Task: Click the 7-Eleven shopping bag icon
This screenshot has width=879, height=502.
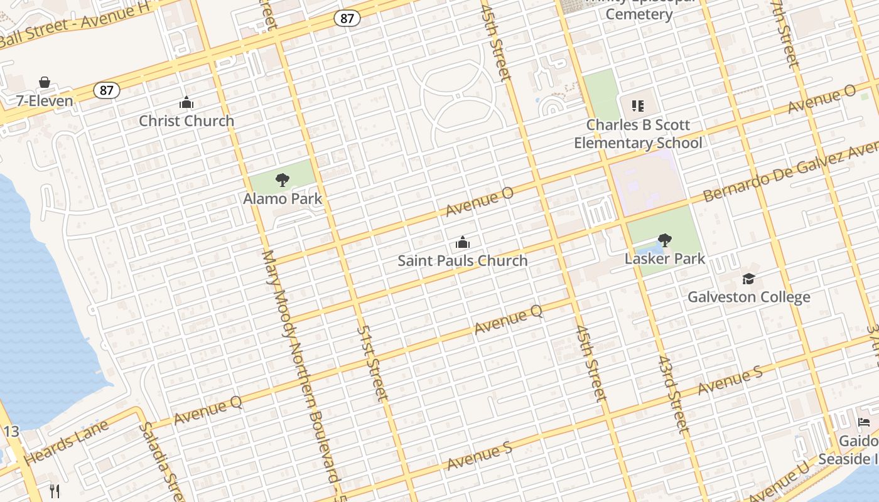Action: coord(45,82)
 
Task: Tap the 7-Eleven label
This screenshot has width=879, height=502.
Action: coord(45,100)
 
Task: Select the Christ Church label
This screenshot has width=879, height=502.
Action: coord(186,120)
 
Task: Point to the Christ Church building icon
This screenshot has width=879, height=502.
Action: coord(186,102)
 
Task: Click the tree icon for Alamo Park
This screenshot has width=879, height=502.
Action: coord(283,180)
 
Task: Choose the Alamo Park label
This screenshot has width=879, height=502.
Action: coord(283,199)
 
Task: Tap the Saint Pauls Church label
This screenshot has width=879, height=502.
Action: coord(463,260)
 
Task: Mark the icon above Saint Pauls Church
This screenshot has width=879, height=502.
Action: coord(463,242)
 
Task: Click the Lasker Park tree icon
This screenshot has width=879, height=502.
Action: coord(665,240)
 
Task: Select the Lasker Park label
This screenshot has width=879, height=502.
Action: coord(665,259)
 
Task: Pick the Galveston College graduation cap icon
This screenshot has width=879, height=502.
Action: coord(748,279)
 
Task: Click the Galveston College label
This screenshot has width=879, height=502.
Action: coord(748,297)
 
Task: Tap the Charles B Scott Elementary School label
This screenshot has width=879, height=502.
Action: coord(638,134)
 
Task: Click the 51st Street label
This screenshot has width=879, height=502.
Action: coord(373,363)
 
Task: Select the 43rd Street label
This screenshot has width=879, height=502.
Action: coord(673,394)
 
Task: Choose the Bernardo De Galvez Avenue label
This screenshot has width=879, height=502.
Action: coord(791,171)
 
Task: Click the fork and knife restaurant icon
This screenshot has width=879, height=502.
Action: coord(55,491)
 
